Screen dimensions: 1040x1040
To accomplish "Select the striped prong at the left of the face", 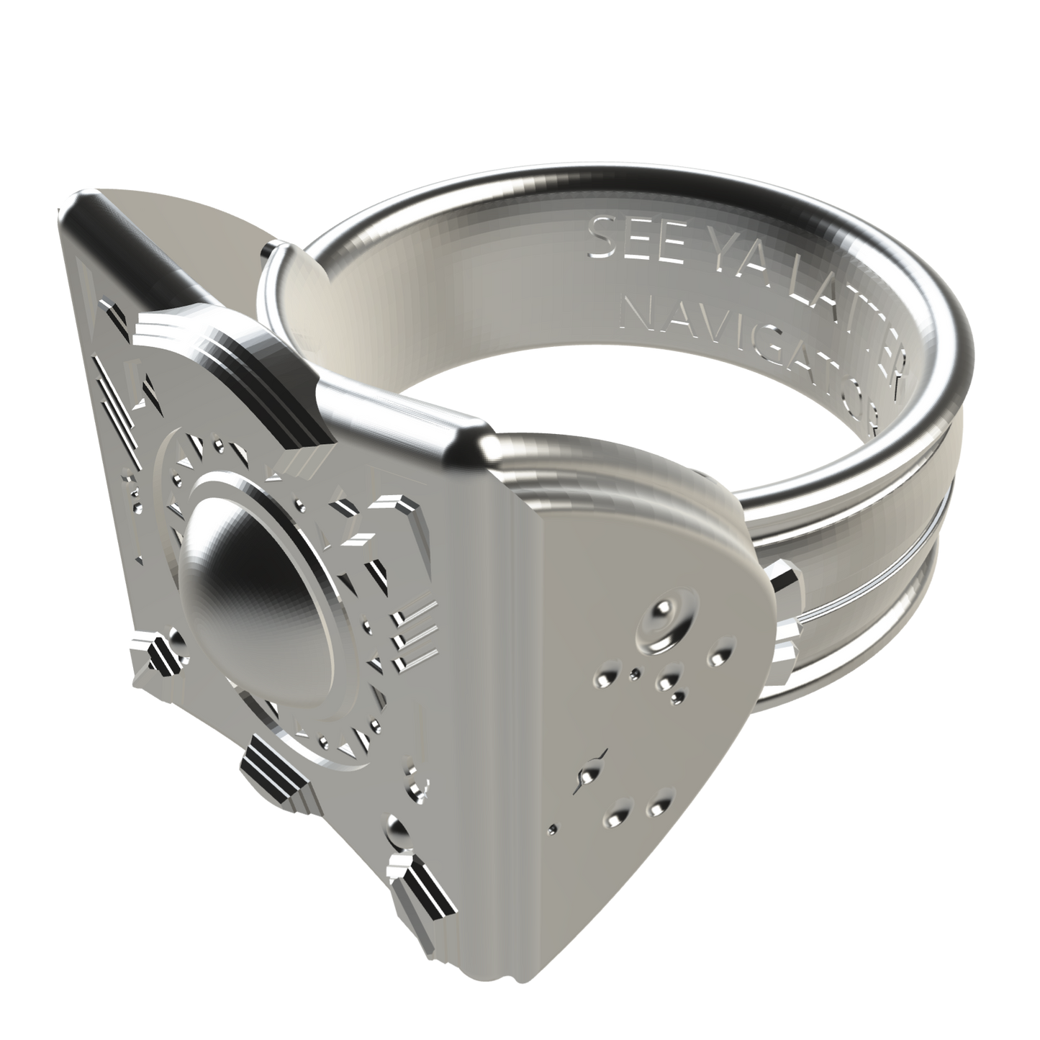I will click(x=158, y=655).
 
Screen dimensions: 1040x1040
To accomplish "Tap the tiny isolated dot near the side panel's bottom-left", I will click(x=552, y=829).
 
